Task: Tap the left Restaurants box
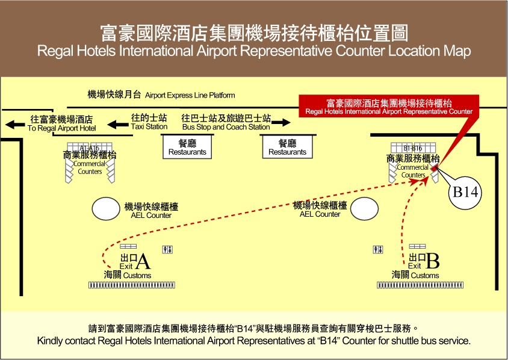coord(187,147)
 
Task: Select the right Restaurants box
coord(287,147)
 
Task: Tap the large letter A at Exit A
coord(143,262)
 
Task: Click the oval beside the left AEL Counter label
coord(107,209)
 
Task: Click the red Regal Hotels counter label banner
coord(389,107)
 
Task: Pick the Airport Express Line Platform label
coord(161,95)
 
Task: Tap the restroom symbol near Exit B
coord(378,249)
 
